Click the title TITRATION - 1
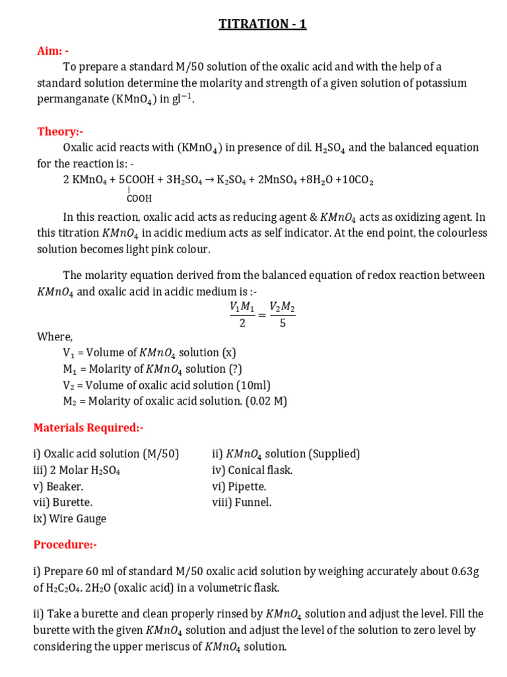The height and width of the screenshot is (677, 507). tap(263, 24)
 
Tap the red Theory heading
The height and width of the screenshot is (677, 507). tap(60, 132)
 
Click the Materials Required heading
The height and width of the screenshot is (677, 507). tap(88, 428)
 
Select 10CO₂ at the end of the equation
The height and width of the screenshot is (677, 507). tap(355, 180)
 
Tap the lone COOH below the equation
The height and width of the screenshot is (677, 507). tap(139, 198)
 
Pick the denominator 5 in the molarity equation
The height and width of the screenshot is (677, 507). tap(283, 324)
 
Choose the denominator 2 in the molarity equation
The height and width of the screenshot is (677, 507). tap(242, 324)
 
